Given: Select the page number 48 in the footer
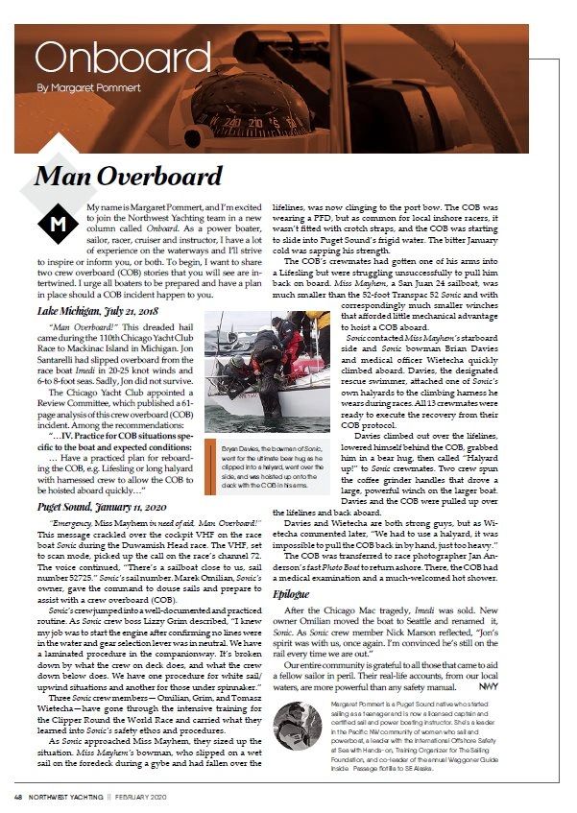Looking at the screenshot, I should pyautogui.click(x=18, y=795).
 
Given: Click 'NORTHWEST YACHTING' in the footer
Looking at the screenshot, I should pyautogui.click(x=75, y=795).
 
